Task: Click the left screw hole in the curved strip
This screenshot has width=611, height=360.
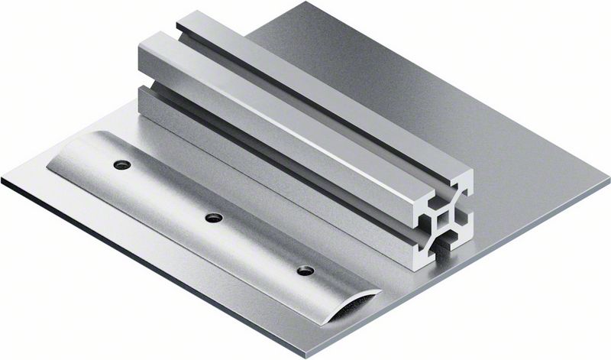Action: point(121,164)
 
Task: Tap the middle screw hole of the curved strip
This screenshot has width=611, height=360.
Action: point(214,218)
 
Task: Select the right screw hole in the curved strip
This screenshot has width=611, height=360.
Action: point(305,271)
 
